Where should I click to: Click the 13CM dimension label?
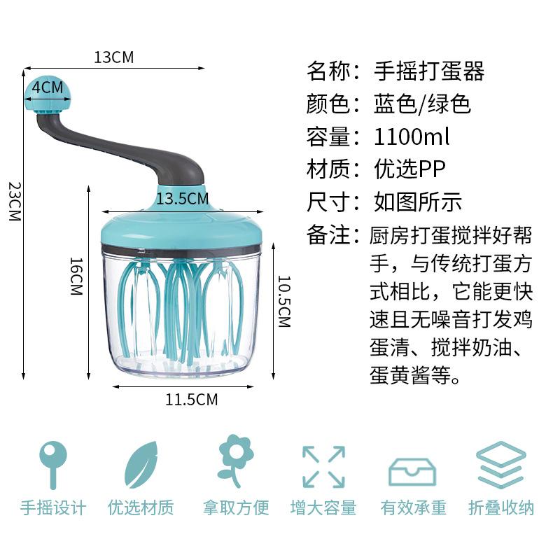[x=113, y=57]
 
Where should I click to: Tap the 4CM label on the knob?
[x=48, y=87]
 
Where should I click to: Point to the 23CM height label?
[x=13, y=202]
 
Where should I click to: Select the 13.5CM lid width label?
[x=182, y=199]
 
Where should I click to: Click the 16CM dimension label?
[x=76, y=276]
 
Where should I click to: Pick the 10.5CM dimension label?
[x=283, y=301]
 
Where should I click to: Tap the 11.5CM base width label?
[x=191, y=400]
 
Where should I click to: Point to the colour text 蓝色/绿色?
[x=422, y=104]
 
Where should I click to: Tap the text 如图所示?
[x=417, y=202]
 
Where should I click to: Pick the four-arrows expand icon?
[x=323, y=466]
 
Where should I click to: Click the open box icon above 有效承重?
[x=412, y=470]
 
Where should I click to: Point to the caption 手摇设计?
[x=53, y=507]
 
